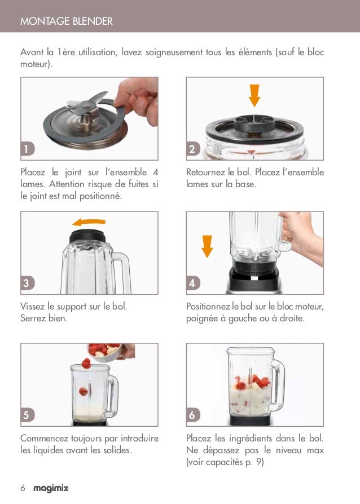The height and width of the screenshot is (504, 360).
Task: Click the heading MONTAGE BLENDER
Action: (67, 21)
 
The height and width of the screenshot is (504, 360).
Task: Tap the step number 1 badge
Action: (27, 149)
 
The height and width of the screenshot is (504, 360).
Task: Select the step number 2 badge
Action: (192, 149)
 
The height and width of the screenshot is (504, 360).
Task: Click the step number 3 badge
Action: (27, 283)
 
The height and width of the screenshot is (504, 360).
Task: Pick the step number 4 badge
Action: (192, 283)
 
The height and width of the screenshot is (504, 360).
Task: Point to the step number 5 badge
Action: (27, 415)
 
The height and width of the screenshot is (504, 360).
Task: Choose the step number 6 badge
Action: (192, 415)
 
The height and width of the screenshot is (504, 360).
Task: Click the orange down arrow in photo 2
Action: (254, 95)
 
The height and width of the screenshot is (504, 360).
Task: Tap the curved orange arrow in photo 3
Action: (89, 222)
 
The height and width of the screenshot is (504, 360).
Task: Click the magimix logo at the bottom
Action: (51, 489)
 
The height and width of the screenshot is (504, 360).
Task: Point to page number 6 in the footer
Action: (23, 489)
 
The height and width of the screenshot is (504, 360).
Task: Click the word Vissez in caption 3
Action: (33, 307)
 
